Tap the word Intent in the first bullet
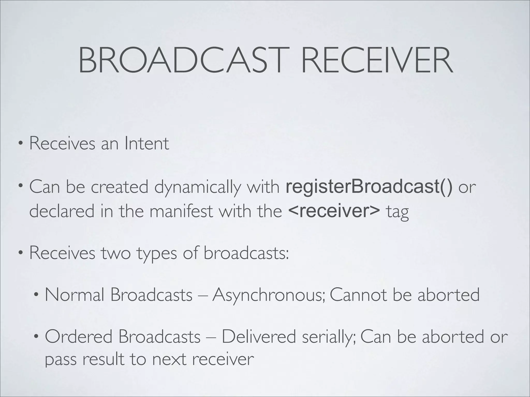(146, 143)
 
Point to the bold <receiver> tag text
(334, 211)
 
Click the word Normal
(75, 295)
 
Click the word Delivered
(259, 337)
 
